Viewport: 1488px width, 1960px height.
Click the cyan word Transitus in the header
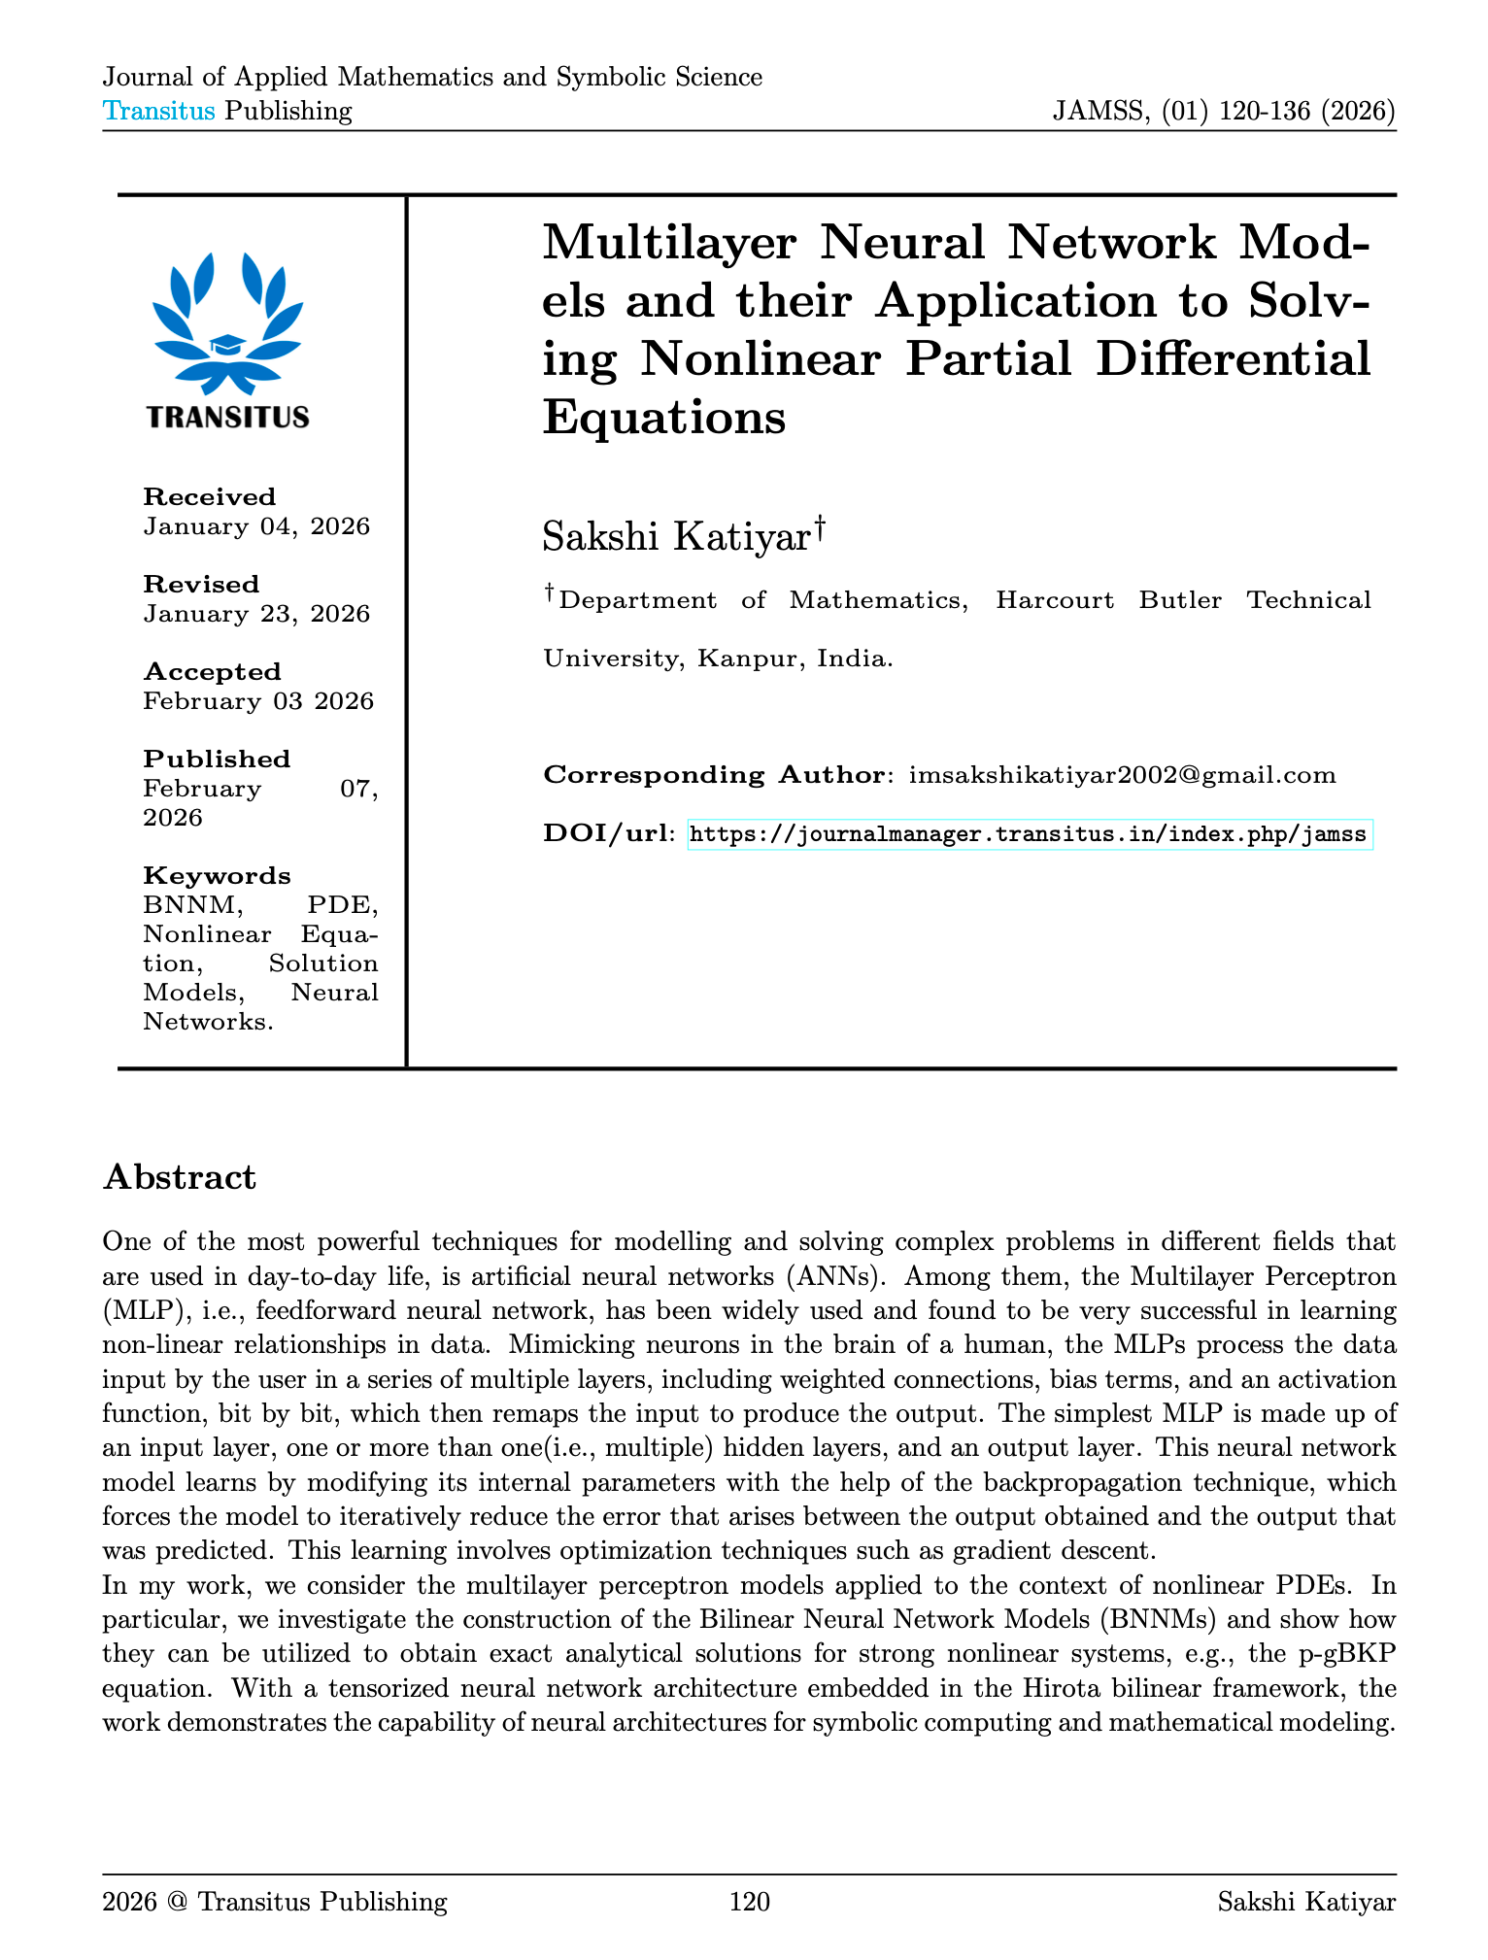click(x=159, y=111)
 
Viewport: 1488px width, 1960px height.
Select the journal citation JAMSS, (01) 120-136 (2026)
click(x=1224, y=111)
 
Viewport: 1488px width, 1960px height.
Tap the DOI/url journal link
click(x=1030, y=834)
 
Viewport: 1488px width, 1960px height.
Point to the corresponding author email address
click(x=1122, y=775)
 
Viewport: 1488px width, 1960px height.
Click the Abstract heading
click(x=180, y=1177)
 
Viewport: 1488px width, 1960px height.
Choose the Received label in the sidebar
click(x=210, y=497)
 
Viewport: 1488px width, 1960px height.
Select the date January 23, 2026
click(x=256, y=614)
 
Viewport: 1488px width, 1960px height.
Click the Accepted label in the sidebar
click(x=213, y=672)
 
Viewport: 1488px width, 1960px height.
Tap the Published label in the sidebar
click(x=217, y=760)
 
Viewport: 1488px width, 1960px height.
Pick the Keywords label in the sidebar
click(x=217, y=876)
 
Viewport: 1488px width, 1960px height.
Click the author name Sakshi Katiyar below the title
click(x=676, y=537)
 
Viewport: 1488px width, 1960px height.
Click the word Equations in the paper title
click(x=663, y=418)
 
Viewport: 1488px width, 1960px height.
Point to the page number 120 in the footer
click(x=749, y=1902)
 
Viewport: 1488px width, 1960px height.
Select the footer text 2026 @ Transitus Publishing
click(x=275, y=1902)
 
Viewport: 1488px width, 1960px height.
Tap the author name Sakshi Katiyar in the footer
click(x=1306, y=1902)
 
